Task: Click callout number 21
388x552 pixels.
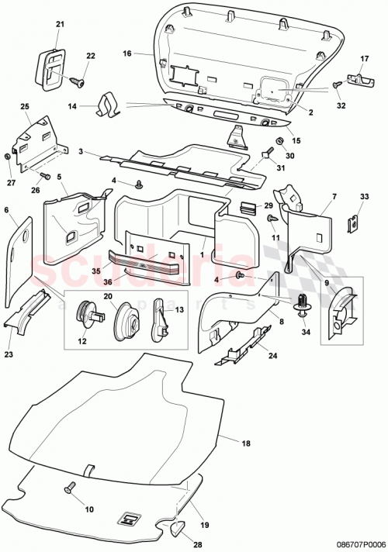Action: point(59,25)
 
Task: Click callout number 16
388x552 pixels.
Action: point(126,54)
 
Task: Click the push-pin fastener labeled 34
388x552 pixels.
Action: point(302,302)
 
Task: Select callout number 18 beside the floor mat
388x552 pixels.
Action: point(247,443)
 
